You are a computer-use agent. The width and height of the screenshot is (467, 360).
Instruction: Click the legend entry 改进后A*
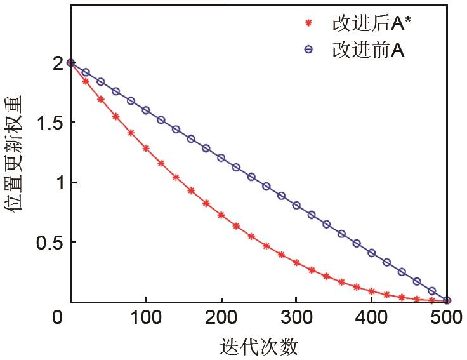point(368,23)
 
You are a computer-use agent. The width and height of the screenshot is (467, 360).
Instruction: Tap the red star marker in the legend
point(309,24)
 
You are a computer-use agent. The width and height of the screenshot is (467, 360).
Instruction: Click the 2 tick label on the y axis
point(58,63)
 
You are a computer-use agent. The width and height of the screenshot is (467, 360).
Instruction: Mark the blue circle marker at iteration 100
point(146,110)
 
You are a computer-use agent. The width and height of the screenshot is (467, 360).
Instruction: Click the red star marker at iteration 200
point(221,215)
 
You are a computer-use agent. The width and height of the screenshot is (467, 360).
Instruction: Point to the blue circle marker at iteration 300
point(296,205)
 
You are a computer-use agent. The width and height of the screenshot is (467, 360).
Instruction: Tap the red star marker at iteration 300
point(296,262)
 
